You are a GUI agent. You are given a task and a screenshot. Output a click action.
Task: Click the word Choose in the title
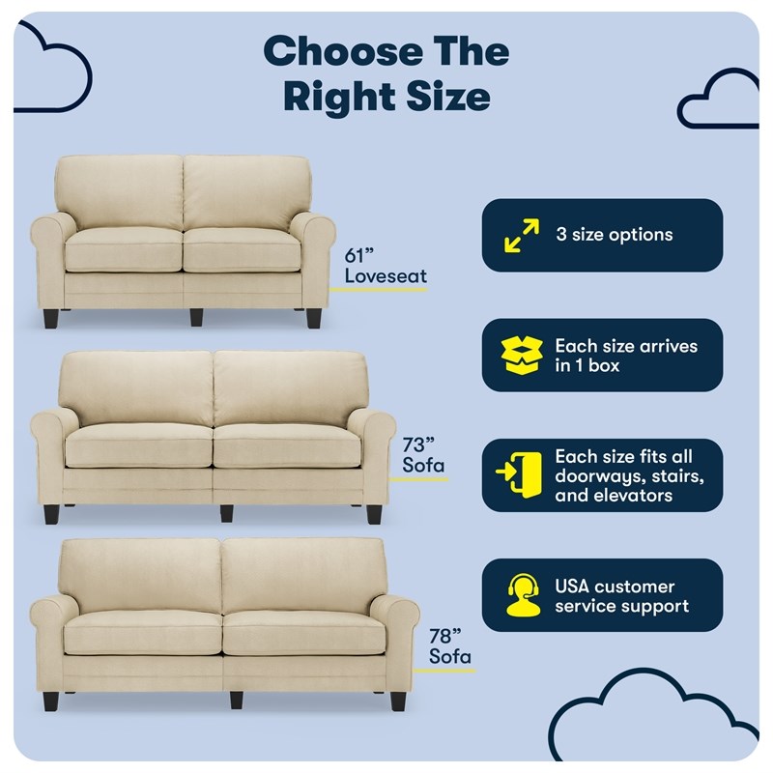(x=343, y=52)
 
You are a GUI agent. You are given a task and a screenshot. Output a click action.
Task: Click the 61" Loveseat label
(x=386, y=266)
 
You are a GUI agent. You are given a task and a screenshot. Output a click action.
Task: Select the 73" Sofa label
(x=423, y=455)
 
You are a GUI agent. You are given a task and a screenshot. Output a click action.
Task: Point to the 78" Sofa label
(x=449, y=646)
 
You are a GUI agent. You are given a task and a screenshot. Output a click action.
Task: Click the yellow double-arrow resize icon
(x=522, y=236)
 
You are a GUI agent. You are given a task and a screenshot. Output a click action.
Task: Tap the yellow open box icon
(x=522, y=355)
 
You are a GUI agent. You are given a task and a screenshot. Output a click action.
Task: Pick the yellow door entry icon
(x=519, y=474)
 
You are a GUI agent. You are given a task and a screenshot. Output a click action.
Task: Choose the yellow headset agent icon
(x=523, y=595)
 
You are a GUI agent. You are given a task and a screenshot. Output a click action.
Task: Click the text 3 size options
(x=615, y=235)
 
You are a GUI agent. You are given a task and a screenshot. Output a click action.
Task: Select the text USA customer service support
(x=621, y=596)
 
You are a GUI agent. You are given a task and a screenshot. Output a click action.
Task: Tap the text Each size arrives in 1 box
(x=626, y=356)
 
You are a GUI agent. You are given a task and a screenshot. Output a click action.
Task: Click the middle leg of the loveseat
(x=196, y=317)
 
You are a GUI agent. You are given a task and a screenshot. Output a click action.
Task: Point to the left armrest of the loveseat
(x=48, y=261)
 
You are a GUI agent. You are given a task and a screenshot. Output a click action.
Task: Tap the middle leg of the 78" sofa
(x=236, y=700)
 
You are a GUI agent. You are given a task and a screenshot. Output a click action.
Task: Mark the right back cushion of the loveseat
(x=246, y=193)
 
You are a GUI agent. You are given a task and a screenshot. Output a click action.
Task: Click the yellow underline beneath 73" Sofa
(x=418, y=479)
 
